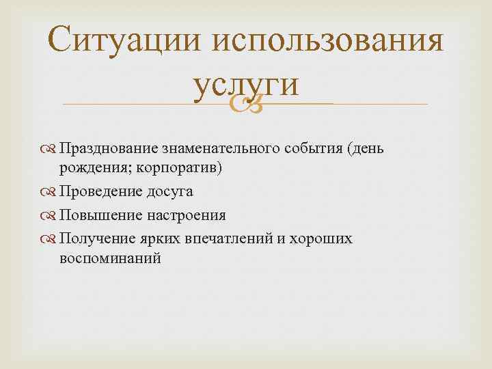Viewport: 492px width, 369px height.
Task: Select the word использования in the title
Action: pos(327,42)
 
